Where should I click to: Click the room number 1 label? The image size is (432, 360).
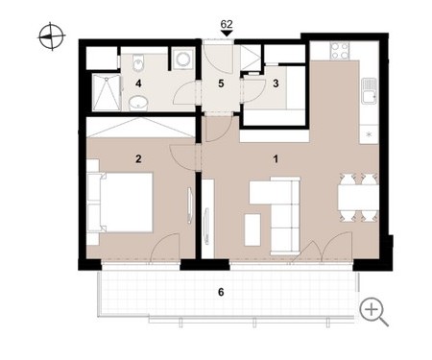click(x=276, y=158)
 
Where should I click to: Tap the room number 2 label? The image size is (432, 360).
click(x=138, y=158)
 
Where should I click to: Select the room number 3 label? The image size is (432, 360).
click(x=276, y=84)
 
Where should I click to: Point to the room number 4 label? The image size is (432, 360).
click(x=138, y=84)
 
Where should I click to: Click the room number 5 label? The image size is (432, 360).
click(x=221, y=84)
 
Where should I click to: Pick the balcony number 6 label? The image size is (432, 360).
click(x=221, y=292)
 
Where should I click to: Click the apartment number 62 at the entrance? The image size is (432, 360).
click(x=227, y=24)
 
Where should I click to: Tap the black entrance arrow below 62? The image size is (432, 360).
click(x=227, y=34)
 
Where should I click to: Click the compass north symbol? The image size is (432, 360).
click(x=51, y=36)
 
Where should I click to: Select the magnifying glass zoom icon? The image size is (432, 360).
click(x=373, y=312)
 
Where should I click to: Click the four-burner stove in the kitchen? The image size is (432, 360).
click(x=340, y=51)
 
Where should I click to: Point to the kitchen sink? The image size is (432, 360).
click(x=370, y=91)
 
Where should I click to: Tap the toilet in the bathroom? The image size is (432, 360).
click(x=139, y=62)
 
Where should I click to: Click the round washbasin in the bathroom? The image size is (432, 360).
click(x=138, y=103)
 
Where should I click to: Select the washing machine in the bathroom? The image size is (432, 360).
click(x=183, y=59)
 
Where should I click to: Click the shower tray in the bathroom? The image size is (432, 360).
click(x=107, y=92)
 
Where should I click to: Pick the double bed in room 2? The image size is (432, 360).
click(x=126, y=202)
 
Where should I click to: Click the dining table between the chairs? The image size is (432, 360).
click(x=358, y=198)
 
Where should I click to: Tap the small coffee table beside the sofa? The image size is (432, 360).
click(x=252, y=229)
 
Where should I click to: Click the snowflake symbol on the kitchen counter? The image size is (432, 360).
click(x=370, y=134)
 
